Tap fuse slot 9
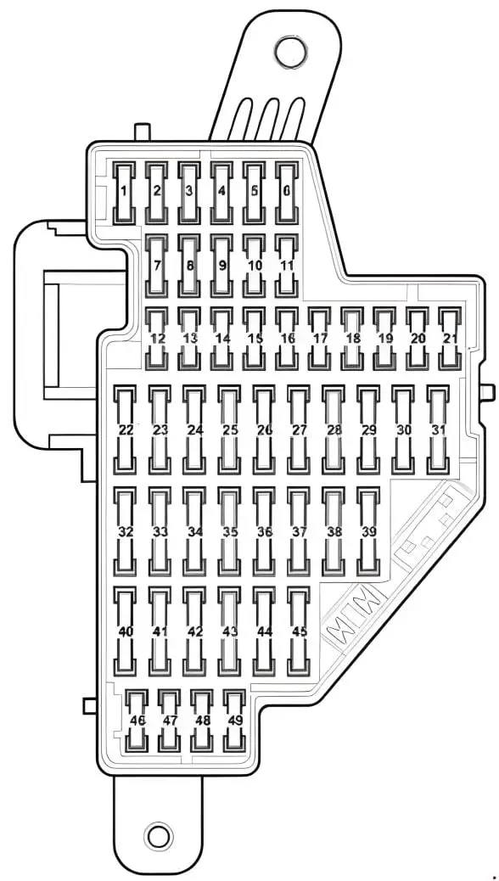tap(222, 266)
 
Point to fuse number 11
tap(287, 266)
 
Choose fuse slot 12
tap(157, 339)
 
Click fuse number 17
tap(319, 339)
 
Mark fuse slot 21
tap(450, 339)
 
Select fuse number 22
tap(126, 429)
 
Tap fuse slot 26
tap(264, 429)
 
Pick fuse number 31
tap(438, 429)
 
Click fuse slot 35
tap(229, 531)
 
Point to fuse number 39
tap(368, 531)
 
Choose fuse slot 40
tap(126, 631)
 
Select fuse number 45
tap(299, 631)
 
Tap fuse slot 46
tap(137, 721)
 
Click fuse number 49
tap(234, 721)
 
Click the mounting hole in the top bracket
tap(290, 53)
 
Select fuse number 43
tap(229, 631)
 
